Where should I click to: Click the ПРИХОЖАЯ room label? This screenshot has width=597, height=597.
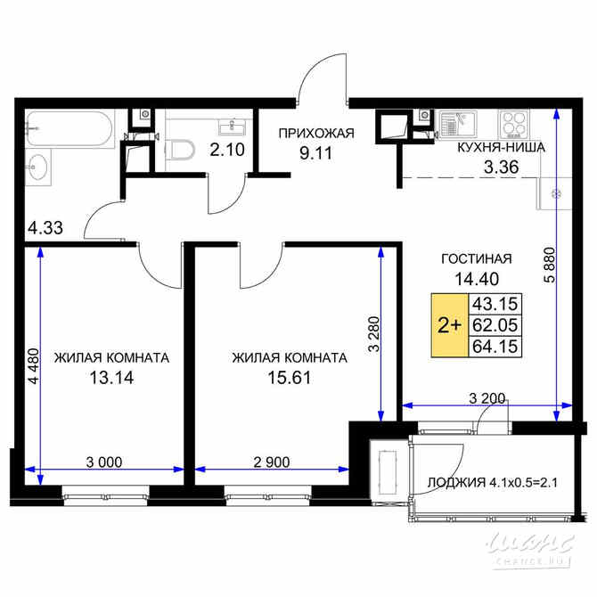pos(316,134)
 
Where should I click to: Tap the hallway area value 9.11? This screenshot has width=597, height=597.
pos(316,152)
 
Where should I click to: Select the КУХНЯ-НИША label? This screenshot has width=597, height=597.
pos(500,148)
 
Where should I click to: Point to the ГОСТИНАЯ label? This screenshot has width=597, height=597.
pos(477,258)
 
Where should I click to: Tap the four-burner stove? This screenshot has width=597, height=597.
pos(514,122)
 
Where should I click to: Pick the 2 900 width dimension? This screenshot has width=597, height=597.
pos(273,462)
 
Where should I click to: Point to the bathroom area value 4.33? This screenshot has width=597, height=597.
pos(45,227)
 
